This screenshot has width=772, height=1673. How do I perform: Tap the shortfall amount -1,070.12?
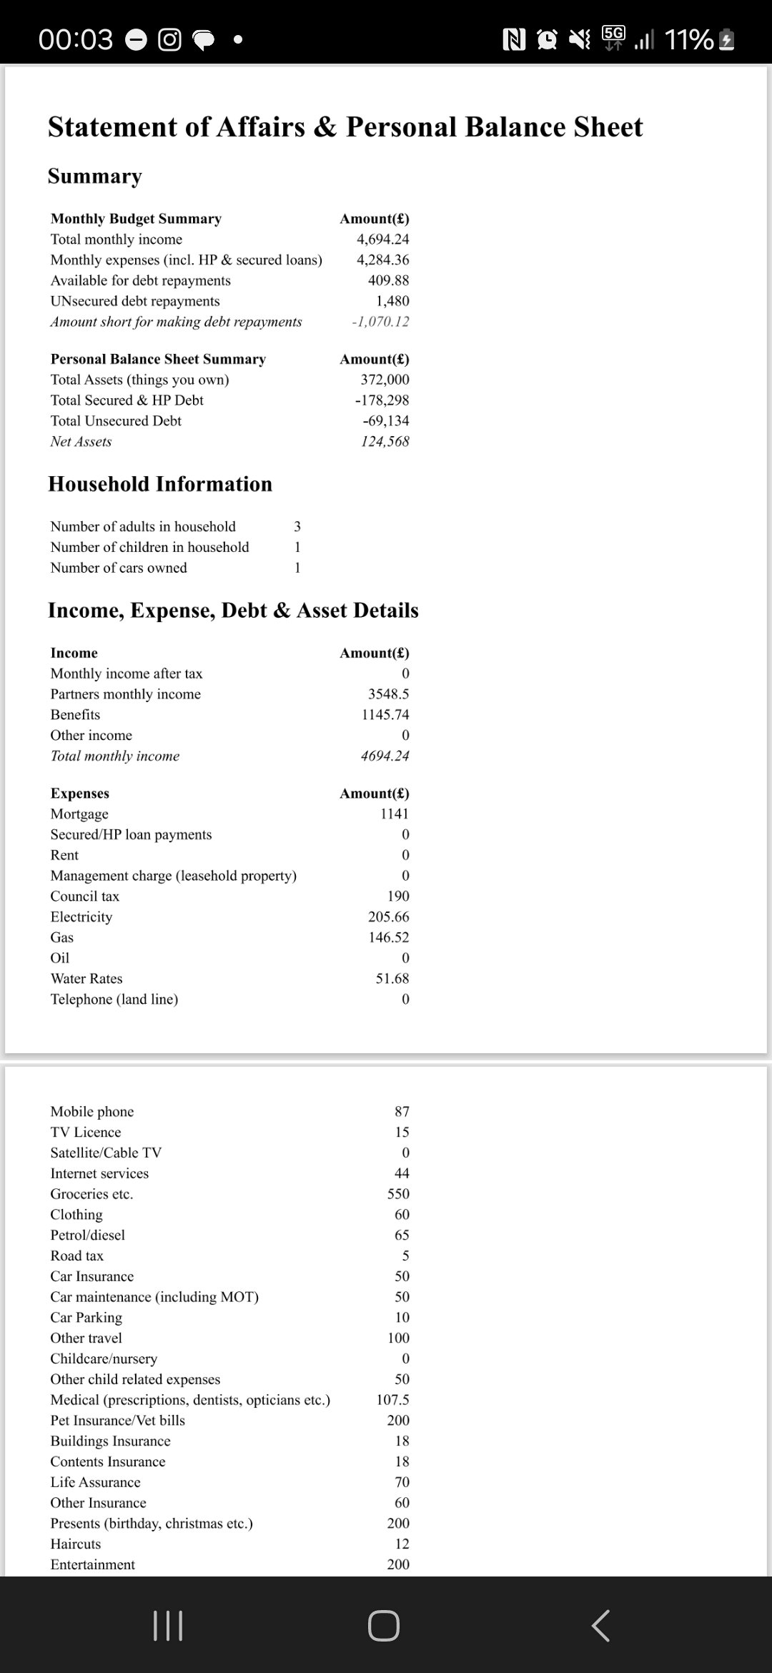[x=380, y=322]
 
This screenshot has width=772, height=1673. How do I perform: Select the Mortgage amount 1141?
[x=394, y=814]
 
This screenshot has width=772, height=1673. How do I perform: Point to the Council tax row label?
[x=84, y=897]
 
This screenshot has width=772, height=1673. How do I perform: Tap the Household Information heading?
[x=159, y=484]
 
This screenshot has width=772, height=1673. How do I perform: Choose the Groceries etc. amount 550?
[x=398, y=1194]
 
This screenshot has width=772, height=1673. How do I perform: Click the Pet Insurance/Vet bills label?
[x=117, y=1421]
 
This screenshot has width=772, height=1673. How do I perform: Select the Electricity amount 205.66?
[x=388, y=917]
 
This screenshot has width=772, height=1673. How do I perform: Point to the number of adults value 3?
[x=297, y=526]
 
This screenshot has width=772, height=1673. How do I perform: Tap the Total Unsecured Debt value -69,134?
[x=385, y=420]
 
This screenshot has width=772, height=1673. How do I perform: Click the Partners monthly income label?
[x=125, y=694]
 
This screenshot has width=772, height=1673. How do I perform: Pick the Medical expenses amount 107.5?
[x=392, y=1400]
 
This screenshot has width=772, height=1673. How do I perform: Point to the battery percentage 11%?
[x=688, y=39]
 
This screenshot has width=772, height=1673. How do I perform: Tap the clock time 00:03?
[x=75, y=39]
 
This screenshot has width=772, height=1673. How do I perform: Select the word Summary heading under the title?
[x=94, y=176]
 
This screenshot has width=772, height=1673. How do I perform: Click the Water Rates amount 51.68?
[x=392, y=979]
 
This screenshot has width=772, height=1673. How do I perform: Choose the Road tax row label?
[x=76, y=1256]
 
